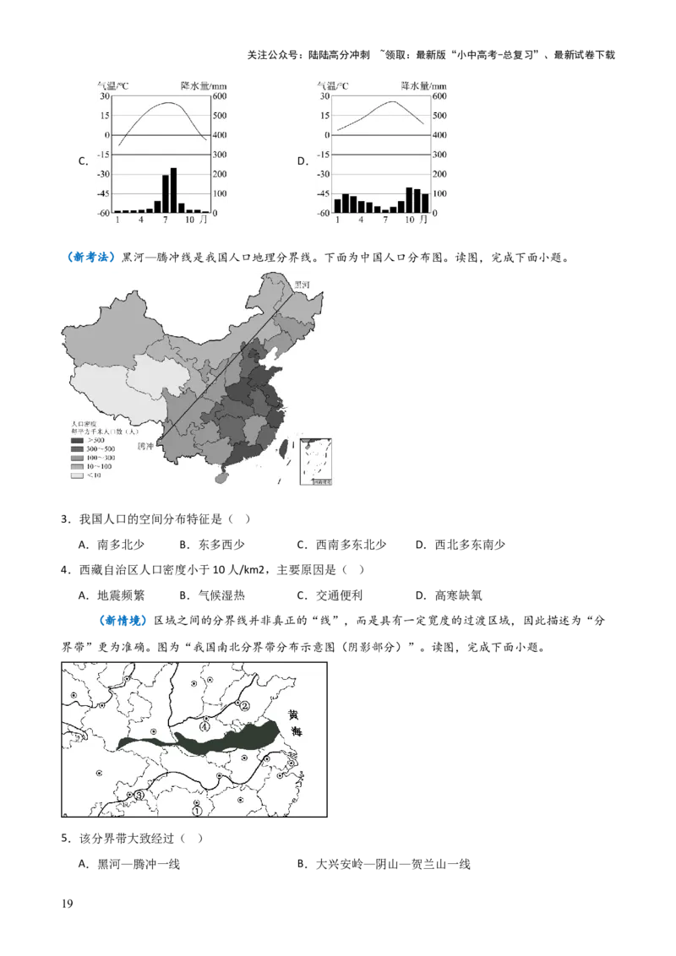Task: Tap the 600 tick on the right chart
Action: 439,96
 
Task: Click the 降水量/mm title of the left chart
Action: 204,85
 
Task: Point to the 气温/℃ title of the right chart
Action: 333,85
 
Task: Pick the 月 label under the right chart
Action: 422,220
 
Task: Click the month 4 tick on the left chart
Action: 141,220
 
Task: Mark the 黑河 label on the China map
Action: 302,285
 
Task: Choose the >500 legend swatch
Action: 77,440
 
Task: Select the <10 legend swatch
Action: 77,475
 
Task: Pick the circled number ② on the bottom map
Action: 245,705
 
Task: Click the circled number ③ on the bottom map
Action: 139,795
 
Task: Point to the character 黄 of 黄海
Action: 293,714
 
